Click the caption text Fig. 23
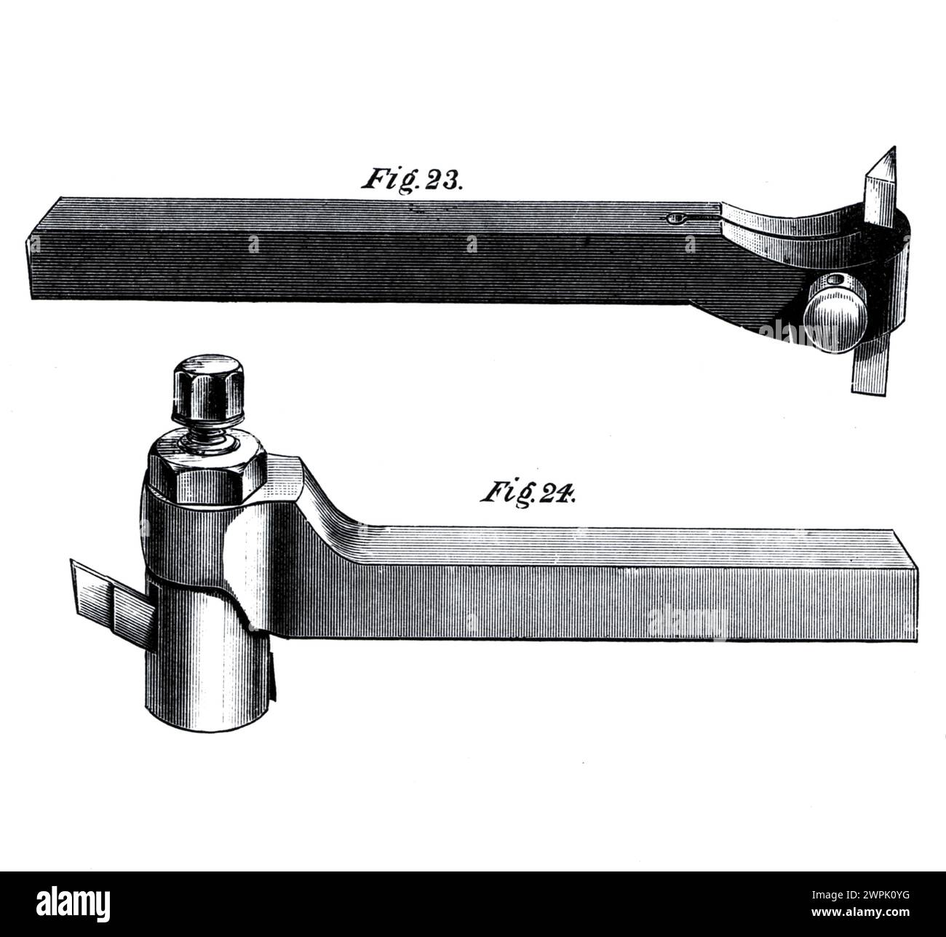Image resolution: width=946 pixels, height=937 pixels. coord(411,179)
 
